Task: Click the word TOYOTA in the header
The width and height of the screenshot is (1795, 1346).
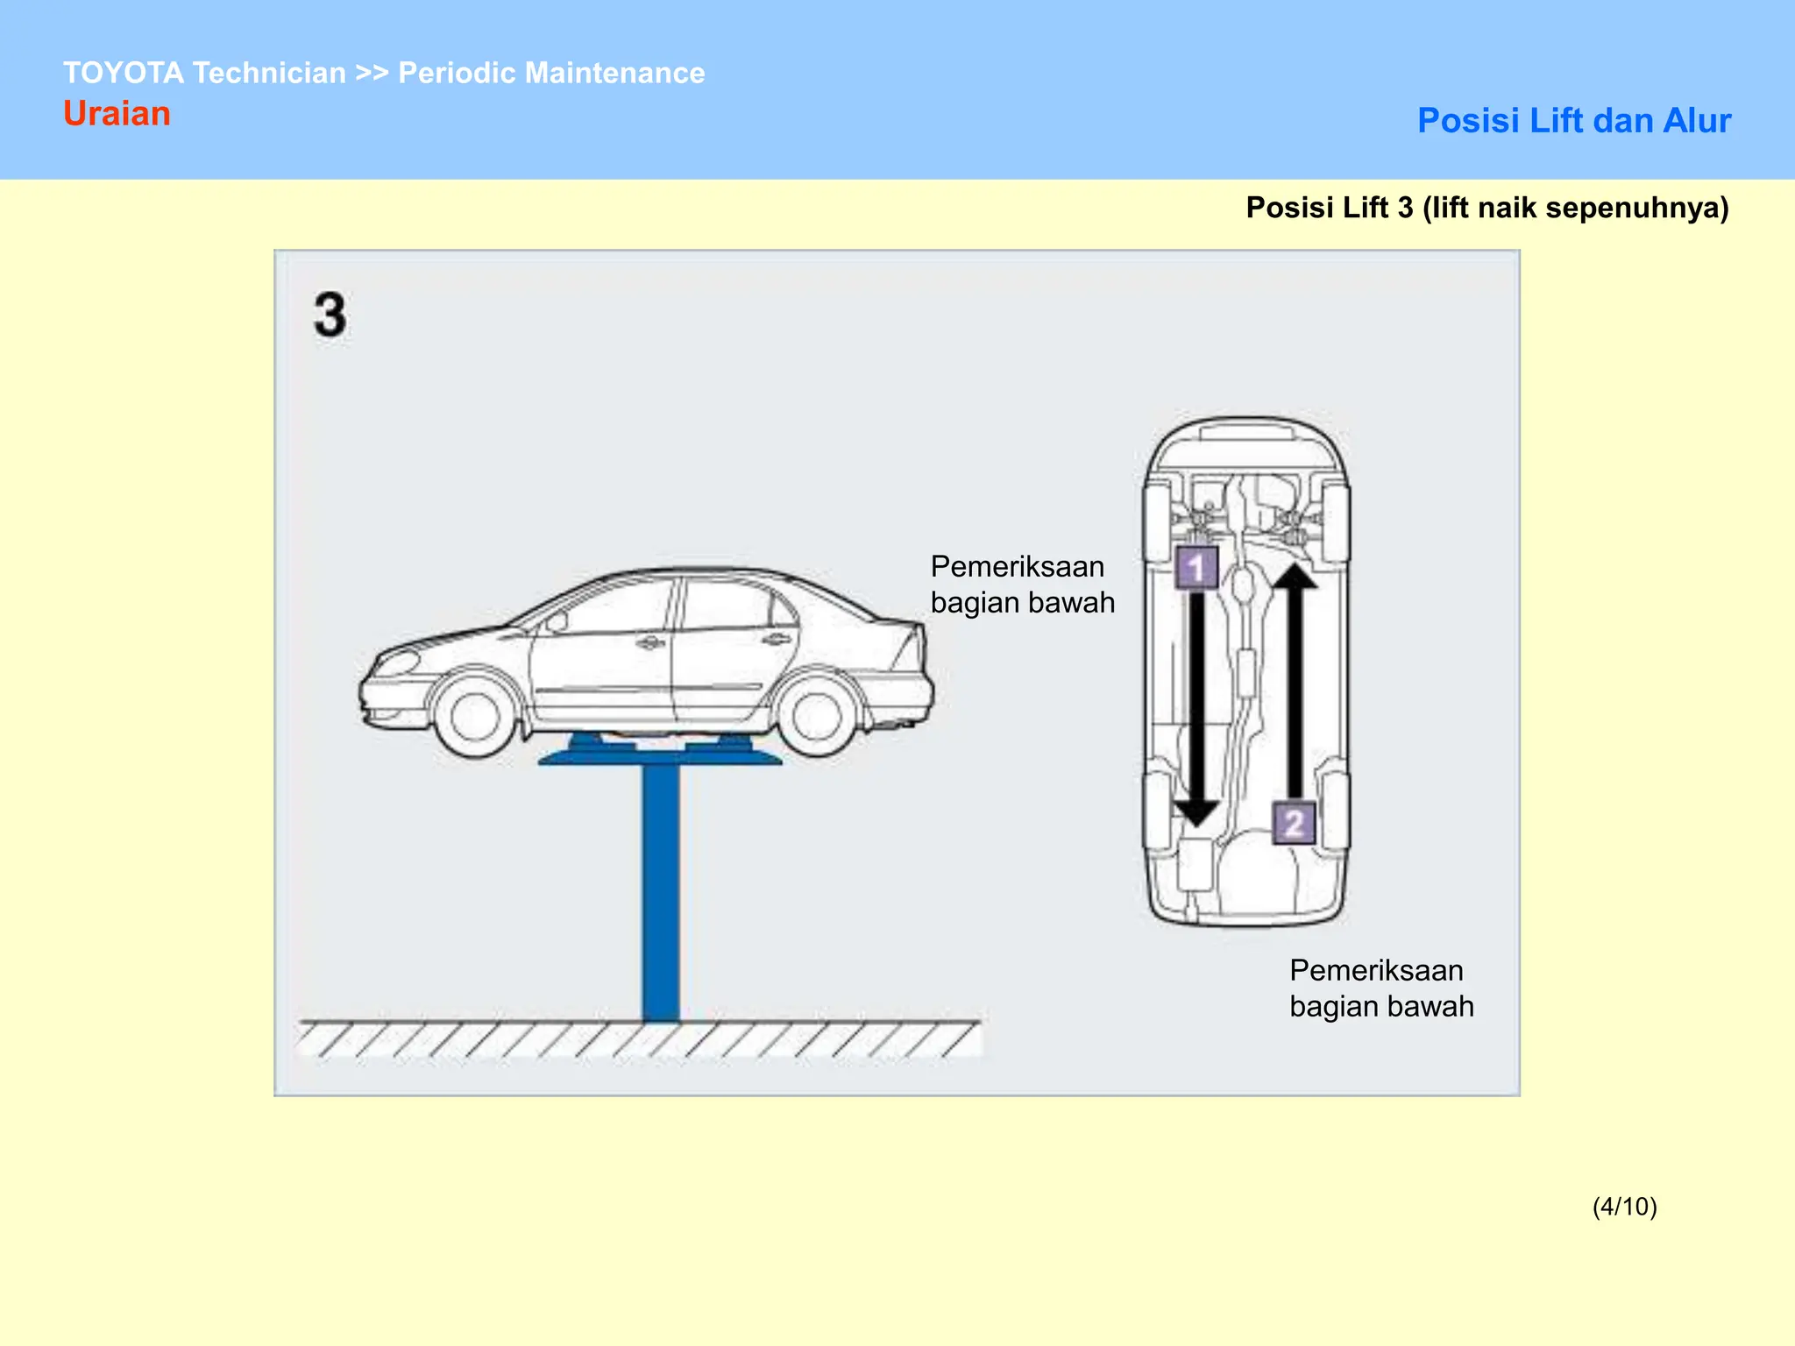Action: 124,73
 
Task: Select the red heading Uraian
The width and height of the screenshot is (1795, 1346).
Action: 117,114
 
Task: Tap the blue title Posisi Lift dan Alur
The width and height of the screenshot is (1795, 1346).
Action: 1573,121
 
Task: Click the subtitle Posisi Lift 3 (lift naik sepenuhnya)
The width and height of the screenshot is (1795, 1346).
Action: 1486,208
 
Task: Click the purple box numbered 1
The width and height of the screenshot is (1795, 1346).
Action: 1195,568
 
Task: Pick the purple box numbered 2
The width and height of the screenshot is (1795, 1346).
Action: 1294,823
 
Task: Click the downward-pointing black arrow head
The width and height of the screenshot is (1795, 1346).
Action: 1195,811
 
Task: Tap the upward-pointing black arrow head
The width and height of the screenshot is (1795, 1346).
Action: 1295,577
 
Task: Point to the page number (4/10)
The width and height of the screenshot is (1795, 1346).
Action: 1624,1207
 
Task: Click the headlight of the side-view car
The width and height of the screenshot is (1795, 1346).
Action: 396,662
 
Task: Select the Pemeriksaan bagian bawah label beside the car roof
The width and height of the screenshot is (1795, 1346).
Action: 1021,584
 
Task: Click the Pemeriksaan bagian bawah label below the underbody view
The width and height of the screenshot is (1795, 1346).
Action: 1380,988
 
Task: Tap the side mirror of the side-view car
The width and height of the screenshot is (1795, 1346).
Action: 556,623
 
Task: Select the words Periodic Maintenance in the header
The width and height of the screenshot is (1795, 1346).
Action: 551,73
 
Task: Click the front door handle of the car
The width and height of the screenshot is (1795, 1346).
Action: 649,644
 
